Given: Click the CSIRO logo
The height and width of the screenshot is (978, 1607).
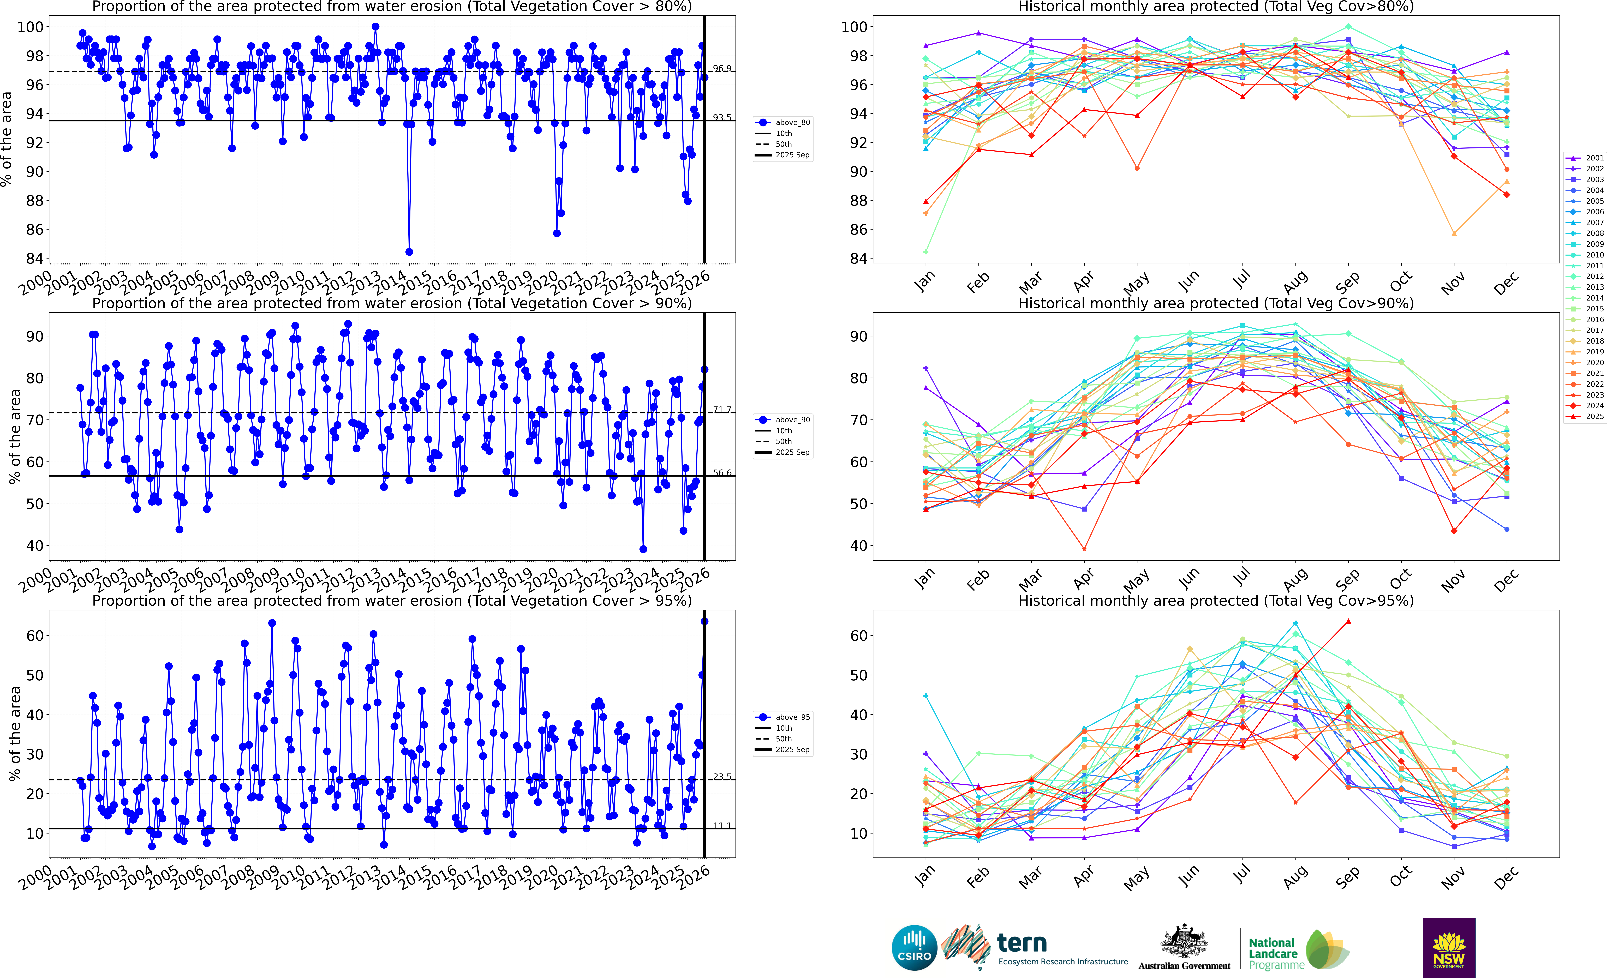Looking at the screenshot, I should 914,947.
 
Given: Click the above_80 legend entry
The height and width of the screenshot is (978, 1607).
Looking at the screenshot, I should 792,123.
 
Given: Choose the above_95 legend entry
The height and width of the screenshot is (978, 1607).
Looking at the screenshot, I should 792,717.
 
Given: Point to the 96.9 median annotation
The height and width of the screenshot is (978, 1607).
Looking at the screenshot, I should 722,68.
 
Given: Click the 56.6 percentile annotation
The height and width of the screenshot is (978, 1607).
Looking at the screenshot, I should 722,473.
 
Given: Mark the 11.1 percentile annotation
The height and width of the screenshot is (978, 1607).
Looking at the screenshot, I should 722,825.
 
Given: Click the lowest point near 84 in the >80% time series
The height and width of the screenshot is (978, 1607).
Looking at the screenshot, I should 409,252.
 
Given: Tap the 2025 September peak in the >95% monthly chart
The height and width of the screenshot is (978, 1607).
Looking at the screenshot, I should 1348,621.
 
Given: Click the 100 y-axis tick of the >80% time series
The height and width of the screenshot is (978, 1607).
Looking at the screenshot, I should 31,27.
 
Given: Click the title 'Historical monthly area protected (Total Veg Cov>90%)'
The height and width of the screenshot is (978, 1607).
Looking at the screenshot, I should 1216,303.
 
